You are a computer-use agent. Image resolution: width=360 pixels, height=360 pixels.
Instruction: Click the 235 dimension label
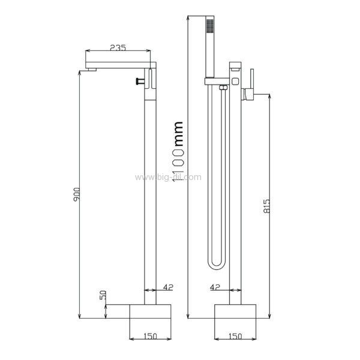(118, 47)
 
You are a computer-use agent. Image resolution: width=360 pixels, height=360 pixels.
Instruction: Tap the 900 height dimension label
(77, 194)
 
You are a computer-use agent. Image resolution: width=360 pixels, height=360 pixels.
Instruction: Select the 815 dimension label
(266, 206)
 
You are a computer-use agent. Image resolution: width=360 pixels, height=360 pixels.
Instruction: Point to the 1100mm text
(178, 151)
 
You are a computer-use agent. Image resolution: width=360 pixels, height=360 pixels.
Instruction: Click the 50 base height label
(103, 295)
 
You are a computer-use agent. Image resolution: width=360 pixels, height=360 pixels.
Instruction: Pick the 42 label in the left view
(168, 287)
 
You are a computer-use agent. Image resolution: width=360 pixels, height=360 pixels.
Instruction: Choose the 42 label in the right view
(215, 287)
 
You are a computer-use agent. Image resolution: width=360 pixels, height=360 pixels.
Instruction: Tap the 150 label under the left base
(151, 337)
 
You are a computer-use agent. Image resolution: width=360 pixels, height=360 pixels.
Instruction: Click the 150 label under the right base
(235, 337)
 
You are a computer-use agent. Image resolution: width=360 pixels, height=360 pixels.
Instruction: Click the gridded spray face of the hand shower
(210, 25)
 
